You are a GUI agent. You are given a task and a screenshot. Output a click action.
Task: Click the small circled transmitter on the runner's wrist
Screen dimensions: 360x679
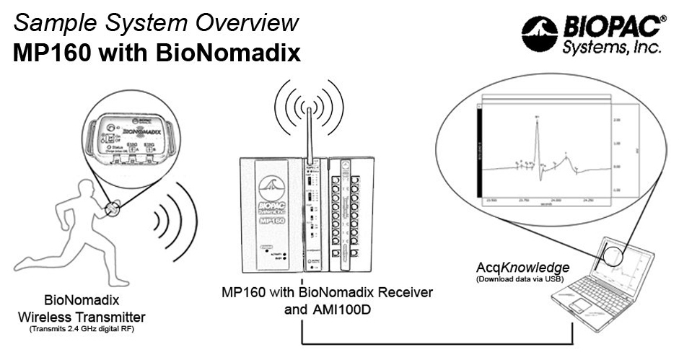coord(113,208)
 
